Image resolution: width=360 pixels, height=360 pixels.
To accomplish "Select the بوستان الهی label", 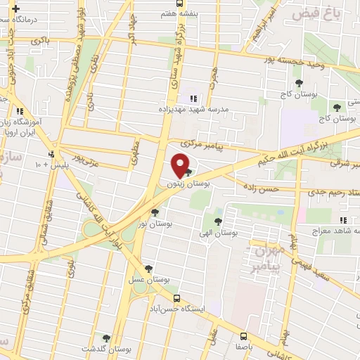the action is (235, 231).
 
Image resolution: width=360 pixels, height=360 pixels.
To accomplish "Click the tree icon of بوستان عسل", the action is (148, 268).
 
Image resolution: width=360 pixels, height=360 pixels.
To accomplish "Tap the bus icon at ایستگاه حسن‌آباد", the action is (176, 297).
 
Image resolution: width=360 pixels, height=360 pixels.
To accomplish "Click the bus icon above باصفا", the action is (244, 335).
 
